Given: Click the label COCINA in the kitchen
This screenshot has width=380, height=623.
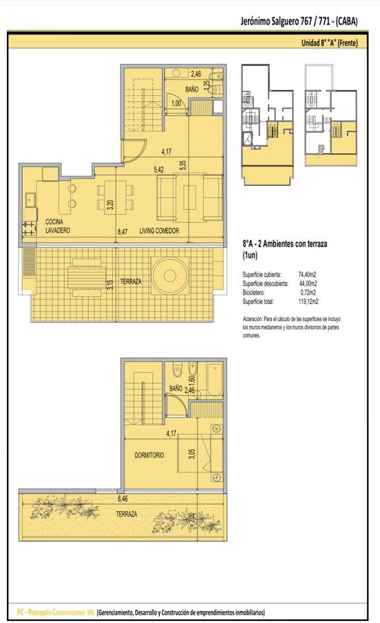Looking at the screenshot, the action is pyautogui.click(x=54, y=222).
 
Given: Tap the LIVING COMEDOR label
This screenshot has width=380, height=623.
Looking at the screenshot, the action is pyautogui.click(x=159, y=231).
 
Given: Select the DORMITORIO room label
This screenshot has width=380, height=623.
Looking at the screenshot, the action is pyautogui.click(x=149, y=455).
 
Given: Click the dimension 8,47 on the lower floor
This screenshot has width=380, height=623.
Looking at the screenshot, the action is pyautogui.click(x=123, y=231).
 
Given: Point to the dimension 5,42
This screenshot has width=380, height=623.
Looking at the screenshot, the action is pyautogui.click(x=159, y=170).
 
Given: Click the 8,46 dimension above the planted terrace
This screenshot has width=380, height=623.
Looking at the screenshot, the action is pyautogui.click(x=123, y=498).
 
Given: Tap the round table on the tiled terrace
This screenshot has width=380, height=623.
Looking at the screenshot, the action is pyautogui.click(x=170, y=276).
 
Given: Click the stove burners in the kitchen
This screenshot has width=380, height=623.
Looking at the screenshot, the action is pyautogui.click(x=28, y=228).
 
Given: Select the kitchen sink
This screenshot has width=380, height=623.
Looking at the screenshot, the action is pyautogui.click(x=30, y=200).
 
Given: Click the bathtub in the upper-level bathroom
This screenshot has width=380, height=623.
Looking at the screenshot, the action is pyautogui.click(x=215, y=380).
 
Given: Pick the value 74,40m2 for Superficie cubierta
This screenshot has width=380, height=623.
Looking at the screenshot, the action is pyautogui.click(x=307, y=275).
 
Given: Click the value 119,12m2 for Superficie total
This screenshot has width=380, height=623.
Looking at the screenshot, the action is pyautogui.click(x=309, y=302).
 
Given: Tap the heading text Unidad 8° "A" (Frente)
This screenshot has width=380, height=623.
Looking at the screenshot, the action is pyautogui.click(x=329, y=42).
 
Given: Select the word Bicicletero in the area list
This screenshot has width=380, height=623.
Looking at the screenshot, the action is pyautogui.click(x=253, y=292).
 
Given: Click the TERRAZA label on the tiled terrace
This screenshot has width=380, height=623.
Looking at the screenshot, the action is pyautogui.click(x=131, y=282).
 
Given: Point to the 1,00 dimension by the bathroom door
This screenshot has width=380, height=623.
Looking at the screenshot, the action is pyautogui.click(x=176, y=104).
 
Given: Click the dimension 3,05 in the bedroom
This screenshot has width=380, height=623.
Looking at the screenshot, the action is pyautogui.click(x=192, y=453).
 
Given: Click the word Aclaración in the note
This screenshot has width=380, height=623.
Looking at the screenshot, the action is pyautogui.click(x=253, y=319).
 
